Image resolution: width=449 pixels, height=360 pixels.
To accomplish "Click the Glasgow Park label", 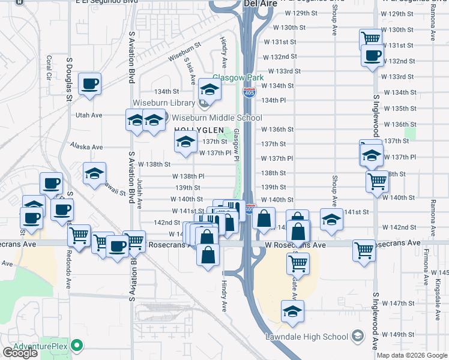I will pos(238,78).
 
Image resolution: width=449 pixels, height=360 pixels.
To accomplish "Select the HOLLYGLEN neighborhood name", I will pos(198,130).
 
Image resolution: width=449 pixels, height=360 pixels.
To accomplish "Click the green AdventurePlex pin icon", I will pos(76,346).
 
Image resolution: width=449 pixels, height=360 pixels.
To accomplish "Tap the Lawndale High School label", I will pos(307,337).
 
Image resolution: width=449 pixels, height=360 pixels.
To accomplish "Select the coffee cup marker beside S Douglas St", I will pos(89,84).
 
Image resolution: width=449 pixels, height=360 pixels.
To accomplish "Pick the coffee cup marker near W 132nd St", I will pos(372,56).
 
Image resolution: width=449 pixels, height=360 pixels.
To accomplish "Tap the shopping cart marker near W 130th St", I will pos(370,39).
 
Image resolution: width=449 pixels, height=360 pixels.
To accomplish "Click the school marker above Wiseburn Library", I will pos(209,90).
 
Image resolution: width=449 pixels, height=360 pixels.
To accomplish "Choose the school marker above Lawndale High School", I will pos(292,311).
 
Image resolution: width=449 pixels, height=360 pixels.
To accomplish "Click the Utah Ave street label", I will pos(89,115).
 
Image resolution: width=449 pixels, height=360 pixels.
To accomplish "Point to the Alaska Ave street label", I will pos(86,146).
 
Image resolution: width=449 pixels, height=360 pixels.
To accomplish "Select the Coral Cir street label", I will pos(48,68).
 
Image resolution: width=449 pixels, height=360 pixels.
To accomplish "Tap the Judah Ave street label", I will pos(139,193).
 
